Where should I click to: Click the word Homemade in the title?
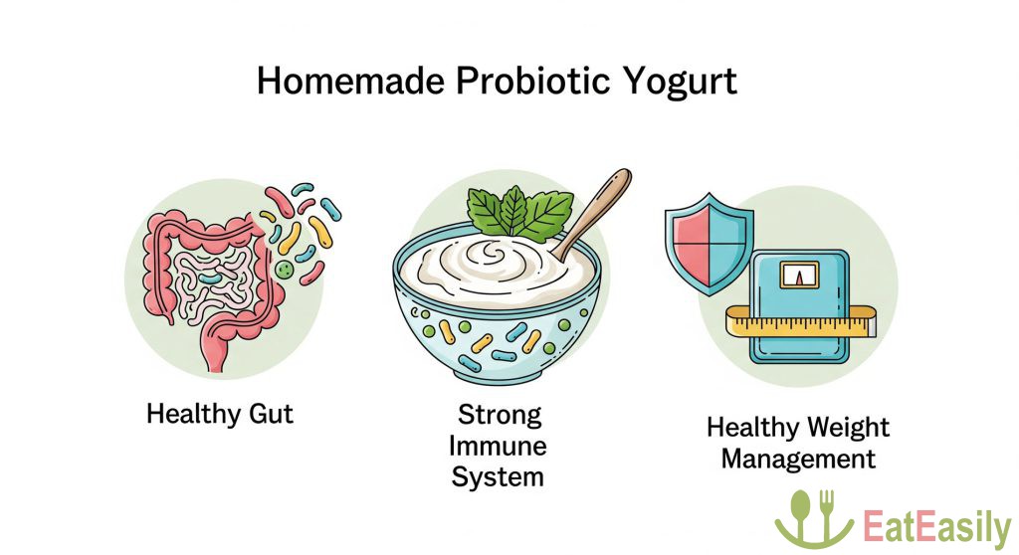[x=350, y=82]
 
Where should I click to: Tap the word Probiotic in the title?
[x=533, y=82]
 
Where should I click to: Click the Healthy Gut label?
[x=220, y=414]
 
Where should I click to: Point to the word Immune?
[x=498, y=446]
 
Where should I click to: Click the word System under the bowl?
[x=498, y=477]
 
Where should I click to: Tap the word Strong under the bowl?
[x=500, y=415]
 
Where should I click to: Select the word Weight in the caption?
[x=848, y=429]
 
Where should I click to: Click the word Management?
[x=798, y=460]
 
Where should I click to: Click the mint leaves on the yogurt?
[x=519, y=212]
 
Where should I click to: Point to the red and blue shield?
[x=709, y=244]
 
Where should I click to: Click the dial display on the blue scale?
[x=800, y=276]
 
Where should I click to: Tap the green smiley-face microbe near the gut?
[x=283, y=270]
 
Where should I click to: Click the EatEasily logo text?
[x=936, y=527]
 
